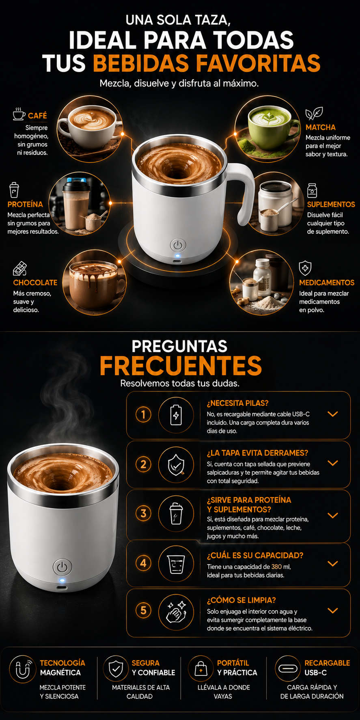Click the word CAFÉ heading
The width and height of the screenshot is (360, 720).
[37, 116]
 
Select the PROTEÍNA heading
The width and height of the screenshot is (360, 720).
[25, 204]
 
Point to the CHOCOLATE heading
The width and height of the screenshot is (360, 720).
[35, 282]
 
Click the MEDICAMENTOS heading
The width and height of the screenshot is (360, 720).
[327, 282]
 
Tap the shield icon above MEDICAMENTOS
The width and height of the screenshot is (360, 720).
[305, 268]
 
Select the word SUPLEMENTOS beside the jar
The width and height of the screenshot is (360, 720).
[331, 204]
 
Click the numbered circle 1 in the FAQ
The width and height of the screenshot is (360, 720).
[143, 415]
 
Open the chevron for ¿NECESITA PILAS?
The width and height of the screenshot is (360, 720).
[333, 414]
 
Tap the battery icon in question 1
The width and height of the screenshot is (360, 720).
[176, 415]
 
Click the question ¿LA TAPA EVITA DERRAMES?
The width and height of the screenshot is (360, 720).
[258, 453]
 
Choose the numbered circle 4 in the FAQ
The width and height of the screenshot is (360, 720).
[143, 563]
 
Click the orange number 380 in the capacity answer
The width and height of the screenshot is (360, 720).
[276, 567]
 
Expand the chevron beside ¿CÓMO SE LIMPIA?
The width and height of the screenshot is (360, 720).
[333, 610]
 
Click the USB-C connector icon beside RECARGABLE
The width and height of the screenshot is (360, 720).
[288, 668]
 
